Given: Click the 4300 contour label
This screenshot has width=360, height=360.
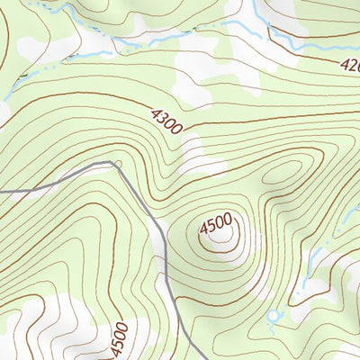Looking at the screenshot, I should pos(166,120).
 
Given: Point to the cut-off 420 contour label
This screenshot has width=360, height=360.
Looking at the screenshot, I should pos(348,65).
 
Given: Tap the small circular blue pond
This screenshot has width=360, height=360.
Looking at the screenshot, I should pos(274,317).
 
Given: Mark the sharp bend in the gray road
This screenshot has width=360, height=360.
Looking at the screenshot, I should pos(113,163).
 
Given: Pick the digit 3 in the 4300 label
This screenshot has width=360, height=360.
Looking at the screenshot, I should pos(161,116).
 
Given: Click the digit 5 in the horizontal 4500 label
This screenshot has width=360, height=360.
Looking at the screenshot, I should pos(211,220).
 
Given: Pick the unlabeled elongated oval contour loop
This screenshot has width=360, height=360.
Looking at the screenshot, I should pos(283,175).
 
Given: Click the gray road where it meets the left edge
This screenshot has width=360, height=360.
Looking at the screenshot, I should pos(2,192).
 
